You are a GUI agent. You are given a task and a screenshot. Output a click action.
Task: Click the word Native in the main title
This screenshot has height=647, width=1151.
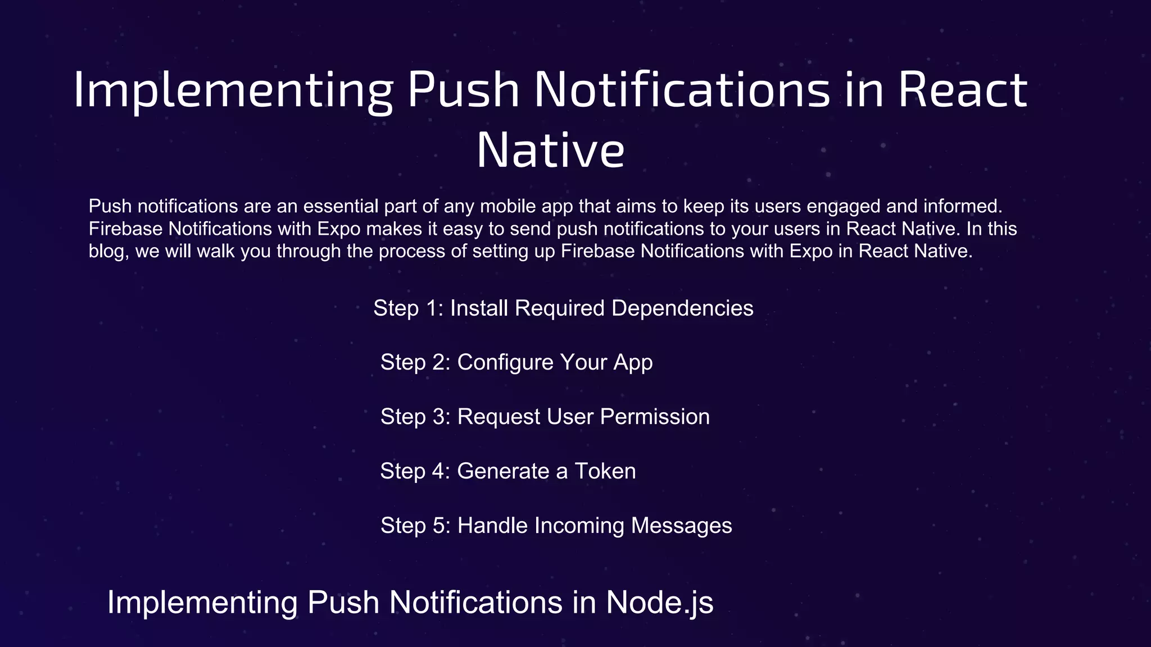(550, 150)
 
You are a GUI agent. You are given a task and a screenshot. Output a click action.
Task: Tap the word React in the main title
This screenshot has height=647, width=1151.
(963, 89)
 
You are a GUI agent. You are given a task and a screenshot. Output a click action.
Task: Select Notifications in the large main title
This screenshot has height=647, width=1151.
(682, 89)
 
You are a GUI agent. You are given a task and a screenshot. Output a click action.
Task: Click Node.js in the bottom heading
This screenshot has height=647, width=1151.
(659, 602)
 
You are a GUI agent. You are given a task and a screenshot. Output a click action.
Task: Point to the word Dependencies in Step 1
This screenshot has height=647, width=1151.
(682, 308)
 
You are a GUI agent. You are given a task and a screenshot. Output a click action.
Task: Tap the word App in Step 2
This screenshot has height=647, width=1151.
(633, 363)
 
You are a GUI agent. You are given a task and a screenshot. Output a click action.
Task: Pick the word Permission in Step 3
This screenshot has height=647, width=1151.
(655, 417)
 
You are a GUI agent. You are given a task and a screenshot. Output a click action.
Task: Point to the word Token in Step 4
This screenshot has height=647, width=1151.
(605, 471)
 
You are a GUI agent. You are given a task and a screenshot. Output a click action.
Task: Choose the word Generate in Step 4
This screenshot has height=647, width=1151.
(503, 471)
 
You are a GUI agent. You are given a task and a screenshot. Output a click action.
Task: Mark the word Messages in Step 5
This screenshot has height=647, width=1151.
(681, 526)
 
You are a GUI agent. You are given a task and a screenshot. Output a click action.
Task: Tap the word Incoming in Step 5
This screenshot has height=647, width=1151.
(579, 526)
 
